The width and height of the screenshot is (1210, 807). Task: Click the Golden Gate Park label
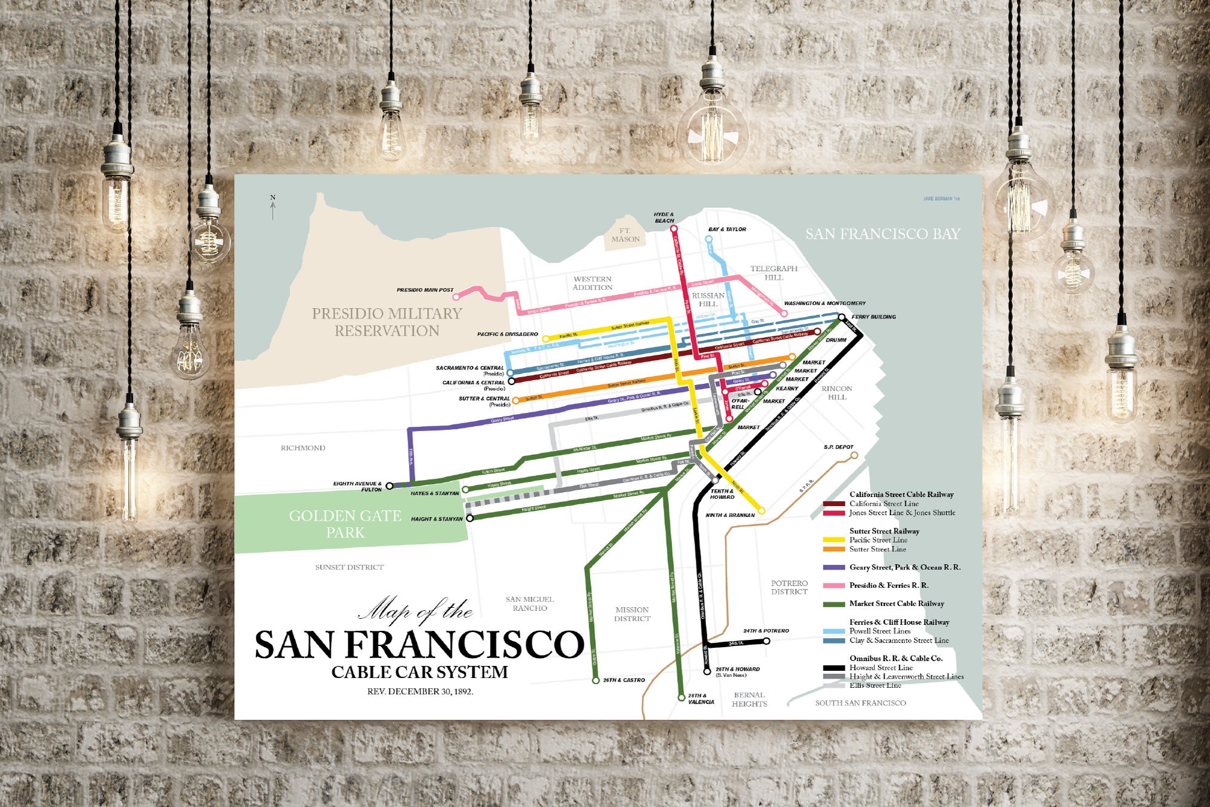click(345, 524)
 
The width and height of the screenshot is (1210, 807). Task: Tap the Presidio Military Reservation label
click(387, 322)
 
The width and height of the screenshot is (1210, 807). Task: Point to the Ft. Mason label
click(625, 235)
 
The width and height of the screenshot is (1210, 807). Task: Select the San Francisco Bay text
click(882, 234)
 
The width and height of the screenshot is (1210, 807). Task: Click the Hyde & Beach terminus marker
click(674, 229)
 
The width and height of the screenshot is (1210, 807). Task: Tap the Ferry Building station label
click(874, 317)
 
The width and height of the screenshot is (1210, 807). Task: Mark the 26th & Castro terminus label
click(624, 680)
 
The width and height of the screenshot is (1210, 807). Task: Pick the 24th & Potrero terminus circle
click(767, 641)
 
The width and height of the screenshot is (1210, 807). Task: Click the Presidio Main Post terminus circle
click(457, 296)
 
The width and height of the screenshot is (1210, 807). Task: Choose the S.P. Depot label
click(839, 447)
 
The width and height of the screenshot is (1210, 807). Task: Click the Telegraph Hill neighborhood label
click(774, 273)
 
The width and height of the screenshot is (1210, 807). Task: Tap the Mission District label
click(632, 614)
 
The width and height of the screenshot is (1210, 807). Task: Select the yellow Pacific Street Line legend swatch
click(834, 540)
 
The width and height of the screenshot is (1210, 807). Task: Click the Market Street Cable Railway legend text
click(897, 604)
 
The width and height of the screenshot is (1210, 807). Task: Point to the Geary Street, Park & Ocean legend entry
click(904, 567)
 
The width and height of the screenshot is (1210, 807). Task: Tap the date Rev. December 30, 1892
click(420, 691)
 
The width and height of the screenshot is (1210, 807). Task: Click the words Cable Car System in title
click(420, 672)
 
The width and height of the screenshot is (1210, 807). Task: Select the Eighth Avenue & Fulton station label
click(358, 486)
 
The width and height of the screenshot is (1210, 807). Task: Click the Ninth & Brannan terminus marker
click(762, 511)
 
